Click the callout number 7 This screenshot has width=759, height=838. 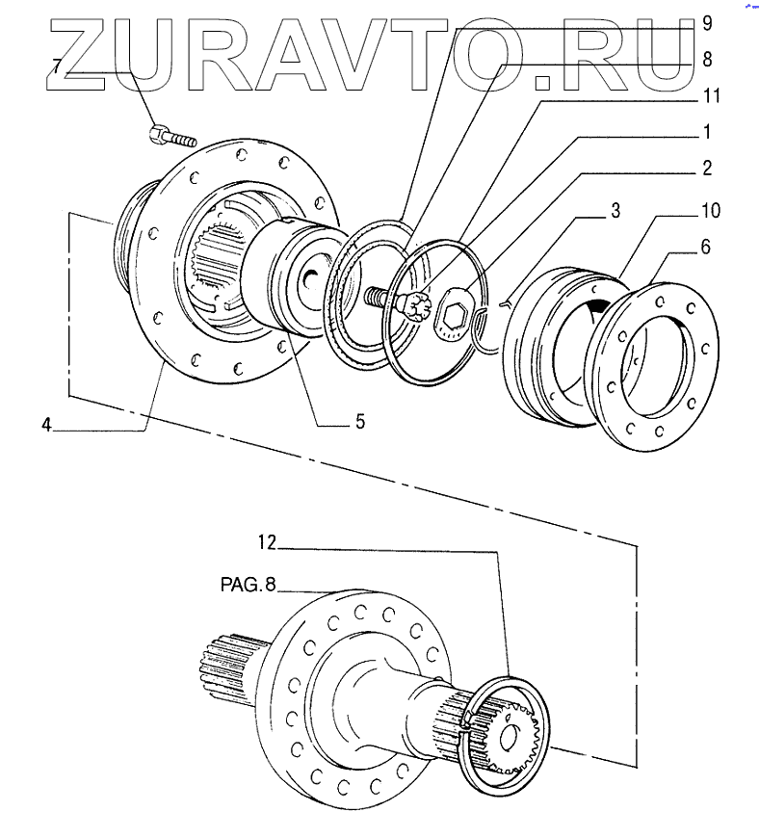(x=59, y=67)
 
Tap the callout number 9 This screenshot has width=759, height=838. (x=706, y=21)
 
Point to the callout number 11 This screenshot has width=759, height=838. (x=710, y=97)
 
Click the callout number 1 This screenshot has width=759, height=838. (x=706, y=130)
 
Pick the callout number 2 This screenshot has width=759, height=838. (x=706, y=168)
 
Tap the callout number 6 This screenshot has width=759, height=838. (x=706, y=248)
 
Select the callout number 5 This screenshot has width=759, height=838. (x=358, y=421)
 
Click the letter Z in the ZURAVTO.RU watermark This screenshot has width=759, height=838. (x=92, y=58)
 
